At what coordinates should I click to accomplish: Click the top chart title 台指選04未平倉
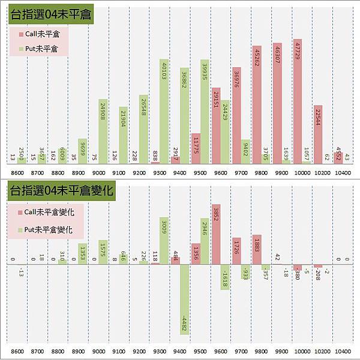click(50, 15)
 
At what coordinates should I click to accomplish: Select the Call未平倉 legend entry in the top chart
click(39, 34)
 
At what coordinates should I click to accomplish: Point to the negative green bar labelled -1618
click(224, 277)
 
